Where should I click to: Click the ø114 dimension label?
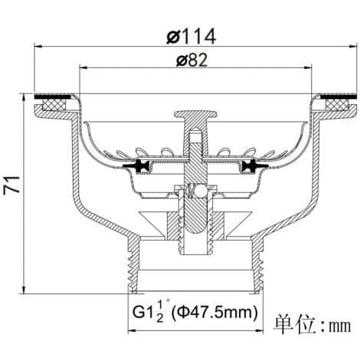point(191,37)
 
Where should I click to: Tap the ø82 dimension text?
point(192,61)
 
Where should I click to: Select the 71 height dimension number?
point(11,185)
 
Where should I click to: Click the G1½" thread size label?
point(149,311)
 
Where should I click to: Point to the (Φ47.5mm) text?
point(214,312)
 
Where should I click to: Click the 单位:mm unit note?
point(312,325)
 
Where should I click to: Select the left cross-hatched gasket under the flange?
point(54,105)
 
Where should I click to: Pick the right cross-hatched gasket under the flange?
point(338,105)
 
